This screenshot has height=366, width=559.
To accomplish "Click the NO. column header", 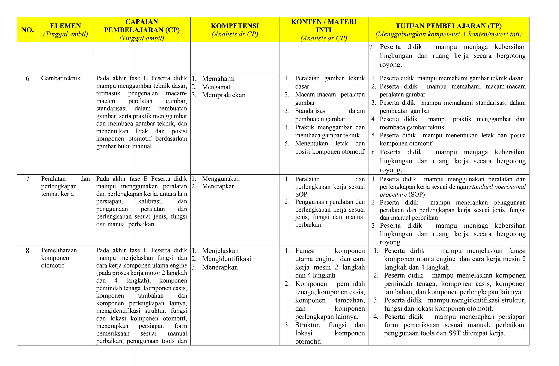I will click(x=28, y=30).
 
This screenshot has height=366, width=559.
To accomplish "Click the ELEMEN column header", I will click(x=66, y=26).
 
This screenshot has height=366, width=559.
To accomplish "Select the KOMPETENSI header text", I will click(x=235, y=26).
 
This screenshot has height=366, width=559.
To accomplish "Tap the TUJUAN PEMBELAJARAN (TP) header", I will click(x=448, y=26).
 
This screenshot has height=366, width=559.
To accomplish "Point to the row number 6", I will click(x=28, y=79).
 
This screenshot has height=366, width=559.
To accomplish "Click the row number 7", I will click(x=28, y=179).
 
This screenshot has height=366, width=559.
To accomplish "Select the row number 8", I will click(x=28, y=251).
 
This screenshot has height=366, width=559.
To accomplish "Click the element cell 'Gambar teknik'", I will click(x=61, y=78).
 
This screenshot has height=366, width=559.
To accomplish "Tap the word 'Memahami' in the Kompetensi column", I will click(x=218, y=79).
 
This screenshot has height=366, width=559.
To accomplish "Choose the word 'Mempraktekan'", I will click(x=224, y=95).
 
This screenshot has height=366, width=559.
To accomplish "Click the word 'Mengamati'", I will click(x=217, y=87).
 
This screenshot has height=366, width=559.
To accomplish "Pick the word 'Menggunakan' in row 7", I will click(x=221, y=179).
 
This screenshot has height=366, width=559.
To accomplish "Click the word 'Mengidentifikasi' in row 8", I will click(x=227, y=259).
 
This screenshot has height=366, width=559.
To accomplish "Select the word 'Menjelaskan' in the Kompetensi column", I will click(x=220, y=251).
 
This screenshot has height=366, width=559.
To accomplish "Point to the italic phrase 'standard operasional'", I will click(x=498, y=187).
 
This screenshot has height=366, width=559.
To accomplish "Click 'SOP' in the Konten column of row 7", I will click(x=301, y=194).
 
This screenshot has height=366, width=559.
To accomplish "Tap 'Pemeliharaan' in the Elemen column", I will click(x=59, y=250).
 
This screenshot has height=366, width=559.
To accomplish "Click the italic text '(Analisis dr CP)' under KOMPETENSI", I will click(x=235, y=34).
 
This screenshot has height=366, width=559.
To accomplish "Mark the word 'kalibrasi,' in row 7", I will click(x=150, y=202).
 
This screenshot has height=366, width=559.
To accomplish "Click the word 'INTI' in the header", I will click(x=324, y=30).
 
